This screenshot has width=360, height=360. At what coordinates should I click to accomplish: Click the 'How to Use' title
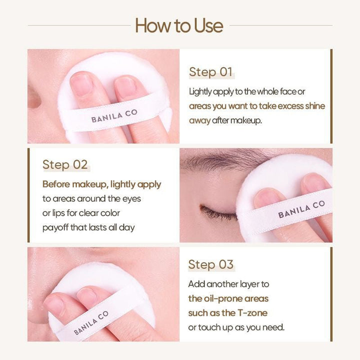coord(179,25)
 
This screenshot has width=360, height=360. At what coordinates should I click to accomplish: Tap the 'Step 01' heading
coord(210,72)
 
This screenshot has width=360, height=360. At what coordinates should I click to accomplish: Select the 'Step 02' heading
coord(65,164)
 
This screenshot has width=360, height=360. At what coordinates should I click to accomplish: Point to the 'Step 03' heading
coord(210,264)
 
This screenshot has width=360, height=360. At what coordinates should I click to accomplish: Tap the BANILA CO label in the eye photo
coord(301,209)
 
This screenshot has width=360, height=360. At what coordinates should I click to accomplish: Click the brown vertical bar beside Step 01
coord(331,96)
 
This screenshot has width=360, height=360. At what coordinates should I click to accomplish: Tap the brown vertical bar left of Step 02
coord(28,195)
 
